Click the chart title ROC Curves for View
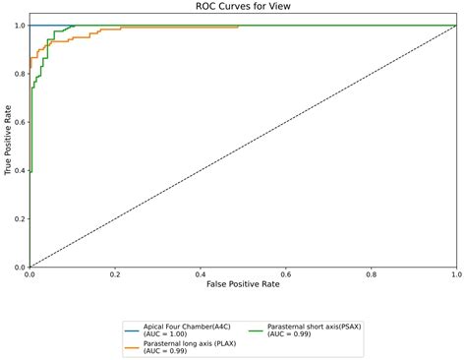pos(243,8)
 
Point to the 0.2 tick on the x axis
pos(115,275)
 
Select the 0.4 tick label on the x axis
pos(201,275)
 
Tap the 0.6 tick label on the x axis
pos(285,275)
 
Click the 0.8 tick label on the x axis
pos(371,275)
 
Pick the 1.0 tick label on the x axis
pos(455,275)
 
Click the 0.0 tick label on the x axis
pos(30,275)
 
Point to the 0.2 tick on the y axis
pos(20,218)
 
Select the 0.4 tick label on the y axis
pos(20,170)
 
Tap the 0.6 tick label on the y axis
pos(20,122)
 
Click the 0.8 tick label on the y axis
pos(20,74)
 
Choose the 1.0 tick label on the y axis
pos(20,26)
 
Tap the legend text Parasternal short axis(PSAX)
pos(318,325)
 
